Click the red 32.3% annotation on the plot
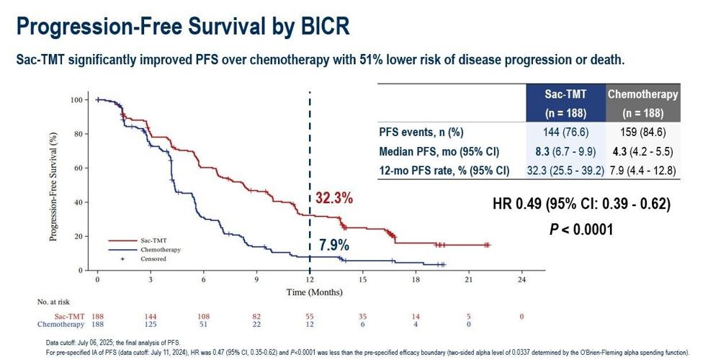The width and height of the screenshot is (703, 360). [334, 199]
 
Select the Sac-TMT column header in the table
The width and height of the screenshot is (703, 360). [565, 94]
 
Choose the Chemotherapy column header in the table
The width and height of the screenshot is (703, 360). [642, 94]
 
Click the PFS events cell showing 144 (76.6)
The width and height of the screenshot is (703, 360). [565, 132]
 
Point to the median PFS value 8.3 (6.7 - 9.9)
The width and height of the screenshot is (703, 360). [565, 152]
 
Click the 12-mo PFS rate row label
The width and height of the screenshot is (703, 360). [444, 171]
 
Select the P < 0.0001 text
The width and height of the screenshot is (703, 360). [581, 229]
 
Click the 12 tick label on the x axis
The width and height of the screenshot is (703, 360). [310, 279]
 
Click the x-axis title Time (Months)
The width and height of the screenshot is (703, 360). [310, 292]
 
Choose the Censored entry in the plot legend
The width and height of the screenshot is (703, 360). [153, 258]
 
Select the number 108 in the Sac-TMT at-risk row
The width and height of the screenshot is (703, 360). [204, 317]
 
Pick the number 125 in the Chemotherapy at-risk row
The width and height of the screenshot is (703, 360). [151, 325]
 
